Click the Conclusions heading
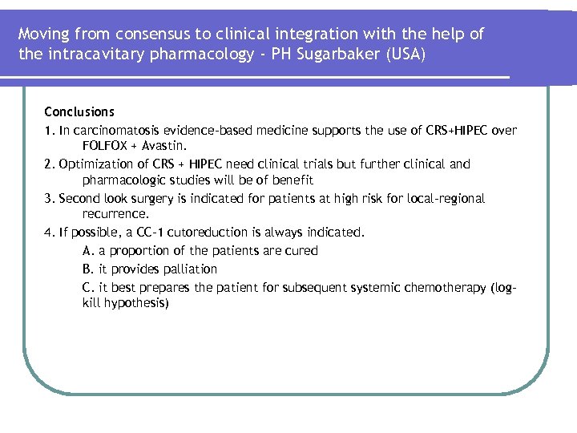(x=79, y=112)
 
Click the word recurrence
(x=115, y=215)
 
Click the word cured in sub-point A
(x=301, y=251)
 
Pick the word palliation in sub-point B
(x=188, y=269)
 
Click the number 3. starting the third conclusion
(x=50, y=198)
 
